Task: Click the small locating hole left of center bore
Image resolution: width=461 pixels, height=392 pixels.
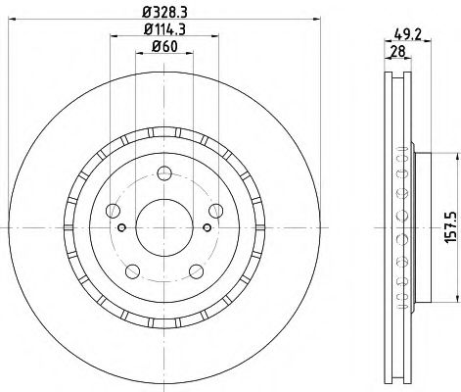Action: pyautogui.click(x=120, y=228)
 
